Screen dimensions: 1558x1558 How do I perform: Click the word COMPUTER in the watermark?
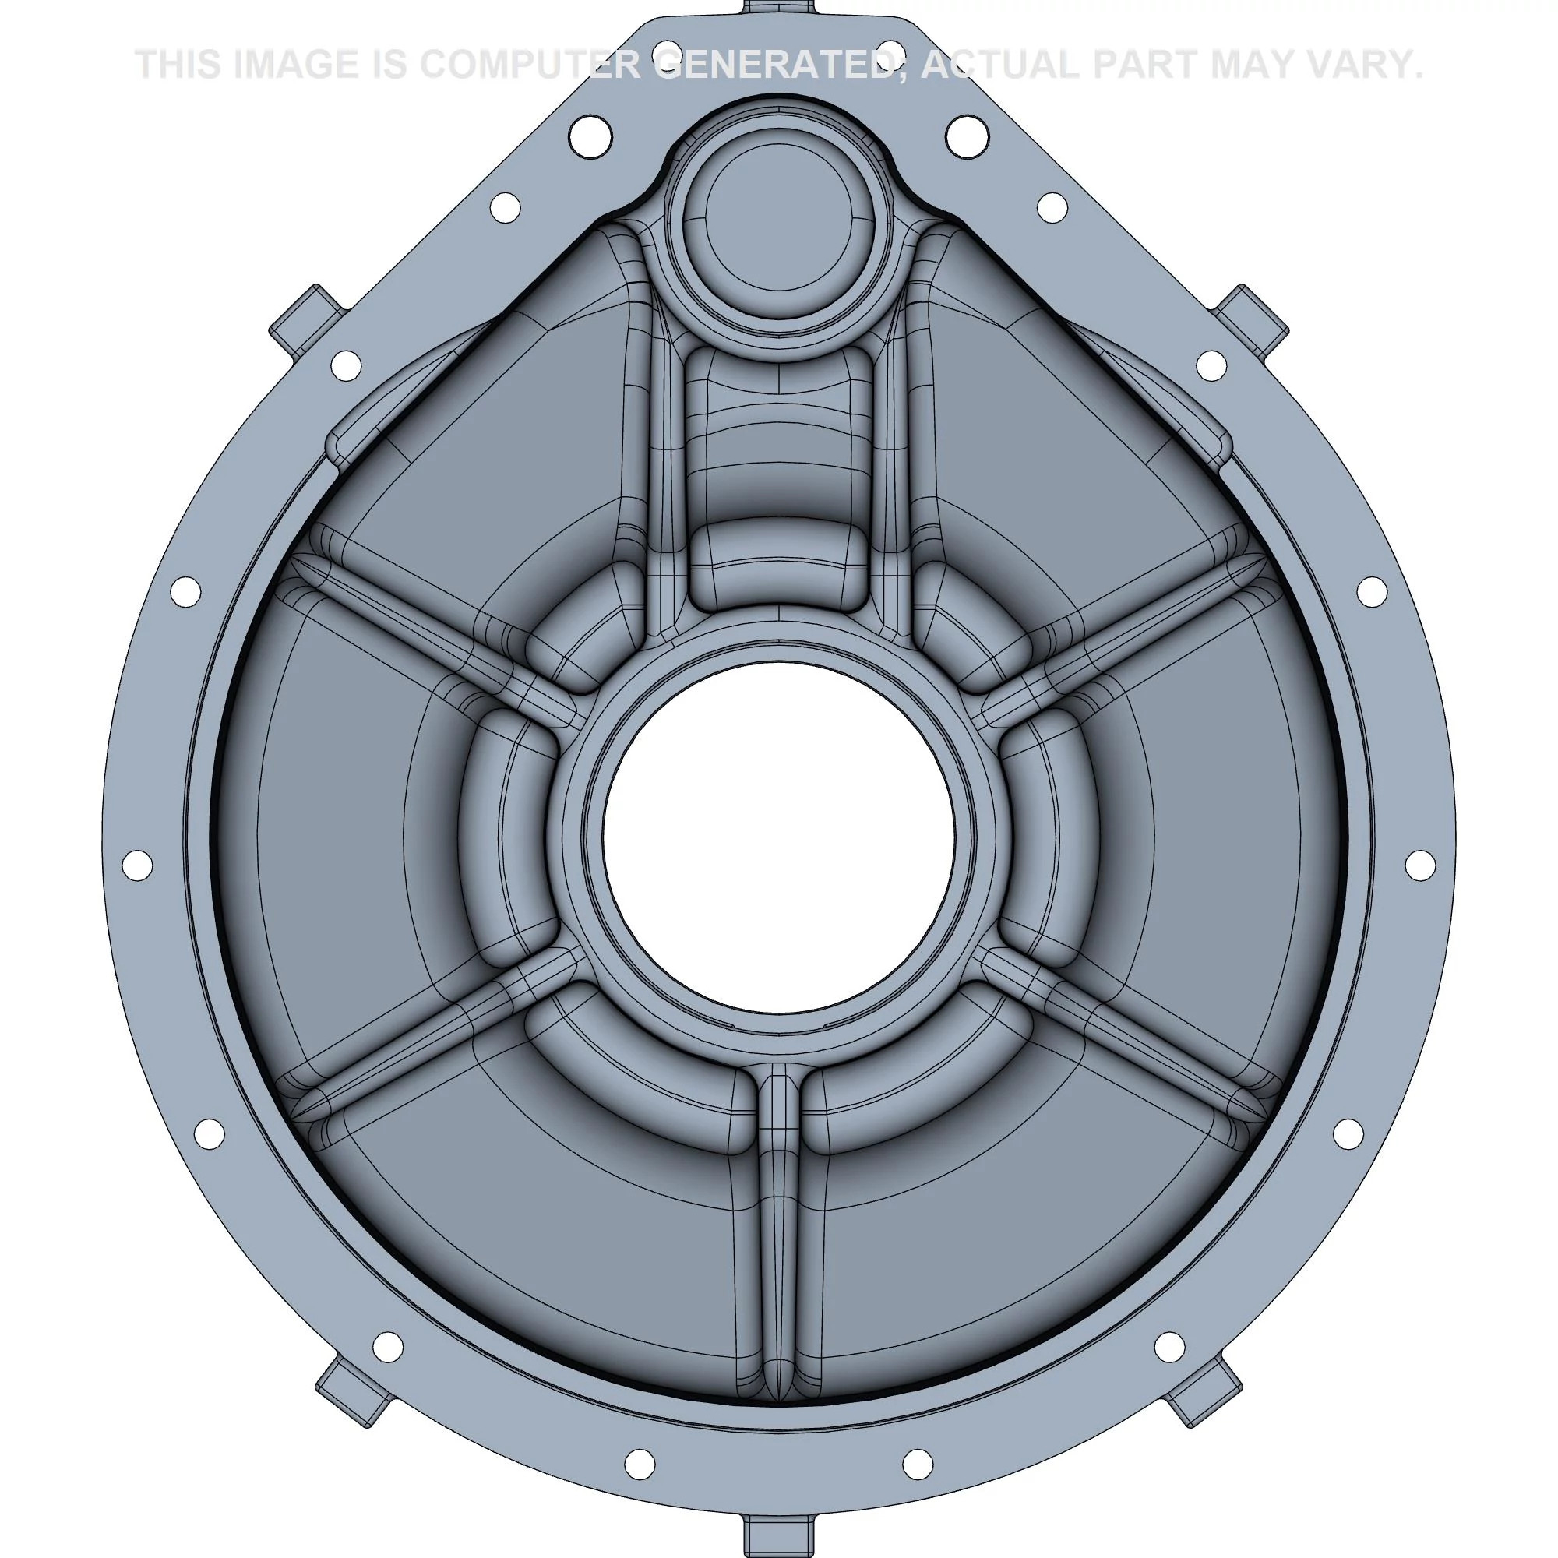pos(530,65)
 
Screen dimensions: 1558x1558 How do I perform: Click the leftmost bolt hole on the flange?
pos(137,865)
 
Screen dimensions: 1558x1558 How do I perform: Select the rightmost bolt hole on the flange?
pos(1420,865)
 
